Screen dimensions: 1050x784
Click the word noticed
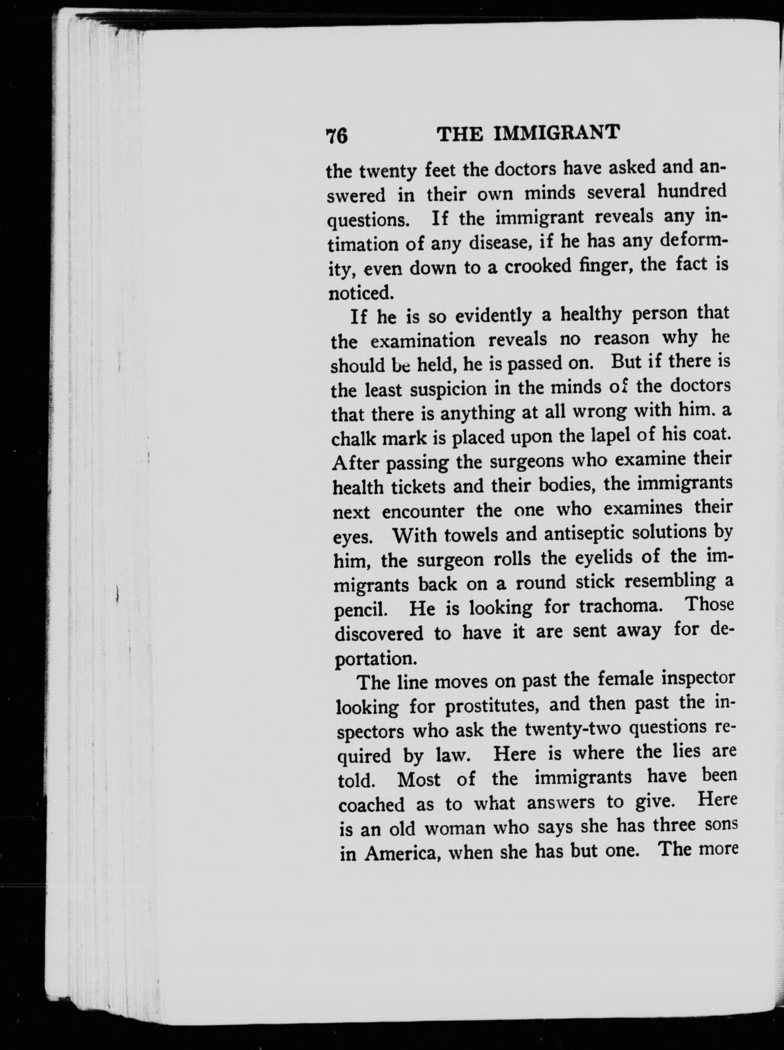pos(361,293)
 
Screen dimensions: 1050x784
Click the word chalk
pos(353,439)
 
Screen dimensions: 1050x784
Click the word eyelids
pos(603,557)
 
